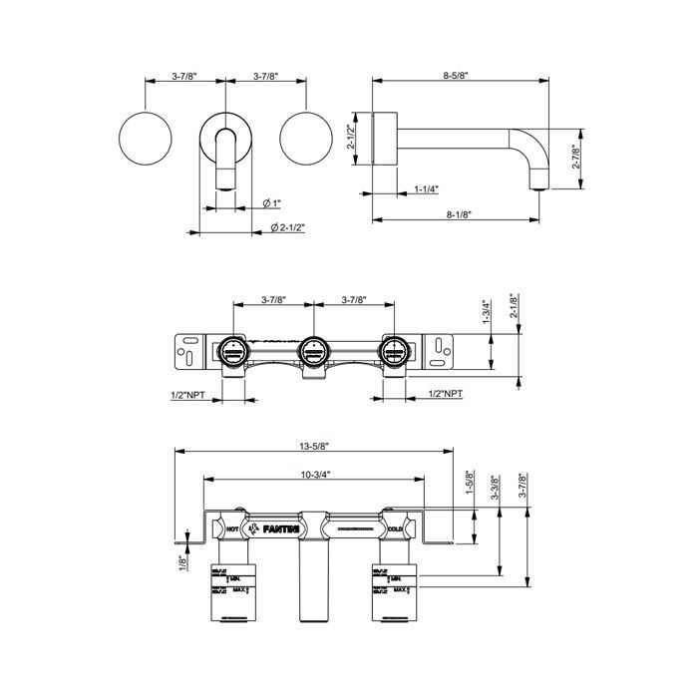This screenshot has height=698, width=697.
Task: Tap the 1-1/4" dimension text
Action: pyautogui.click(x=427, y=187)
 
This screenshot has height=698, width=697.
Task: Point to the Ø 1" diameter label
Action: pyautogui.click(x=271, y=202)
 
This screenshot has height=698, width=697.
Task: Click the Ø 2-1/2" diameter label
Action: pyautogui.click(x=287, y=227)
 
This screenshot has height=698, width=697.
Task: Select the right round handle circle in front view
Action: pyautogui.click(x=306, y=139)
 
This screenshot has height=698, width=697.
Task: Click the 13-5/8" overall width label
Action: pyautogui.click(x=314, y=448)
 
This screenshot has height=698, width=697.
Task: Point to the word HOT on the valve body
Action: pyautogui.click(x=232, y=527)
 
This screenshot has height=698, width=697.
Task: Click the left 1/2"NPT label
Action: pyautogui.click(x=187, y=395)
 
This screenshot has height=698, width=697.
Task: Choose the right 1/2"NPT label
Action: pyautogui.click(x=445, y=395)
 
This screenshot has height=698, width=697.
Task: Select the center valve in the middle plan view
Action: pyautogui.click(x=311, y=350)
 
